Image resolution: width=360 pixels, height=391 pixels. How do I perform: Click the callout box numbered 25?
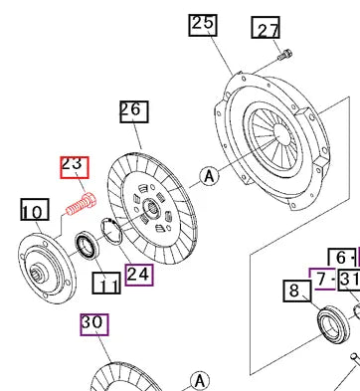[x=203, y=24]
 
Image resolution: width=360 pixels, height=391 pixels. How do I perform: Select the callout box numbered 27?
[x=266, y=30]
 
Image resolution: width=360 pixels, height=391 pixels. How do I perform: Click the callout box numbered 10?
[x=33, y=210]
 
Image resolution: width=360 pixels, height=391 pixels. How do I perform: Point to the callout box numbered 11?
[x=106, y=286]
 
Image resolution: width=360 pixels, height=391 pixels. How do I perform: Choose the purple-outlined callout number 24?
[x=139, y=273]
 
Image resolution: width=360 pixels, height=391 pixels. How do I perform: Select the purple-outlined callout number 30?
[x=93, y=323]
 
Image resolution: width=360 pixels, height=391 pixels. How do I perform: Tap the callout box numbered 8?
[x=295, y=292]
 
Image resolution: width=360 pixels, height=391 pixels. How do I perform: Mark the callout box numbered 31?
[x=349, y=278]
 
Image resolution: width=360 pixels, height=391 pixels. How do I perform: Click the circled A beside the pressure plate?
[x=208, y=177]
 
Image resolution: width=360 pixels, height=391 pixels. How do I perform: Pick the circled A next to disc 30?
[x=201, y=380]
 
